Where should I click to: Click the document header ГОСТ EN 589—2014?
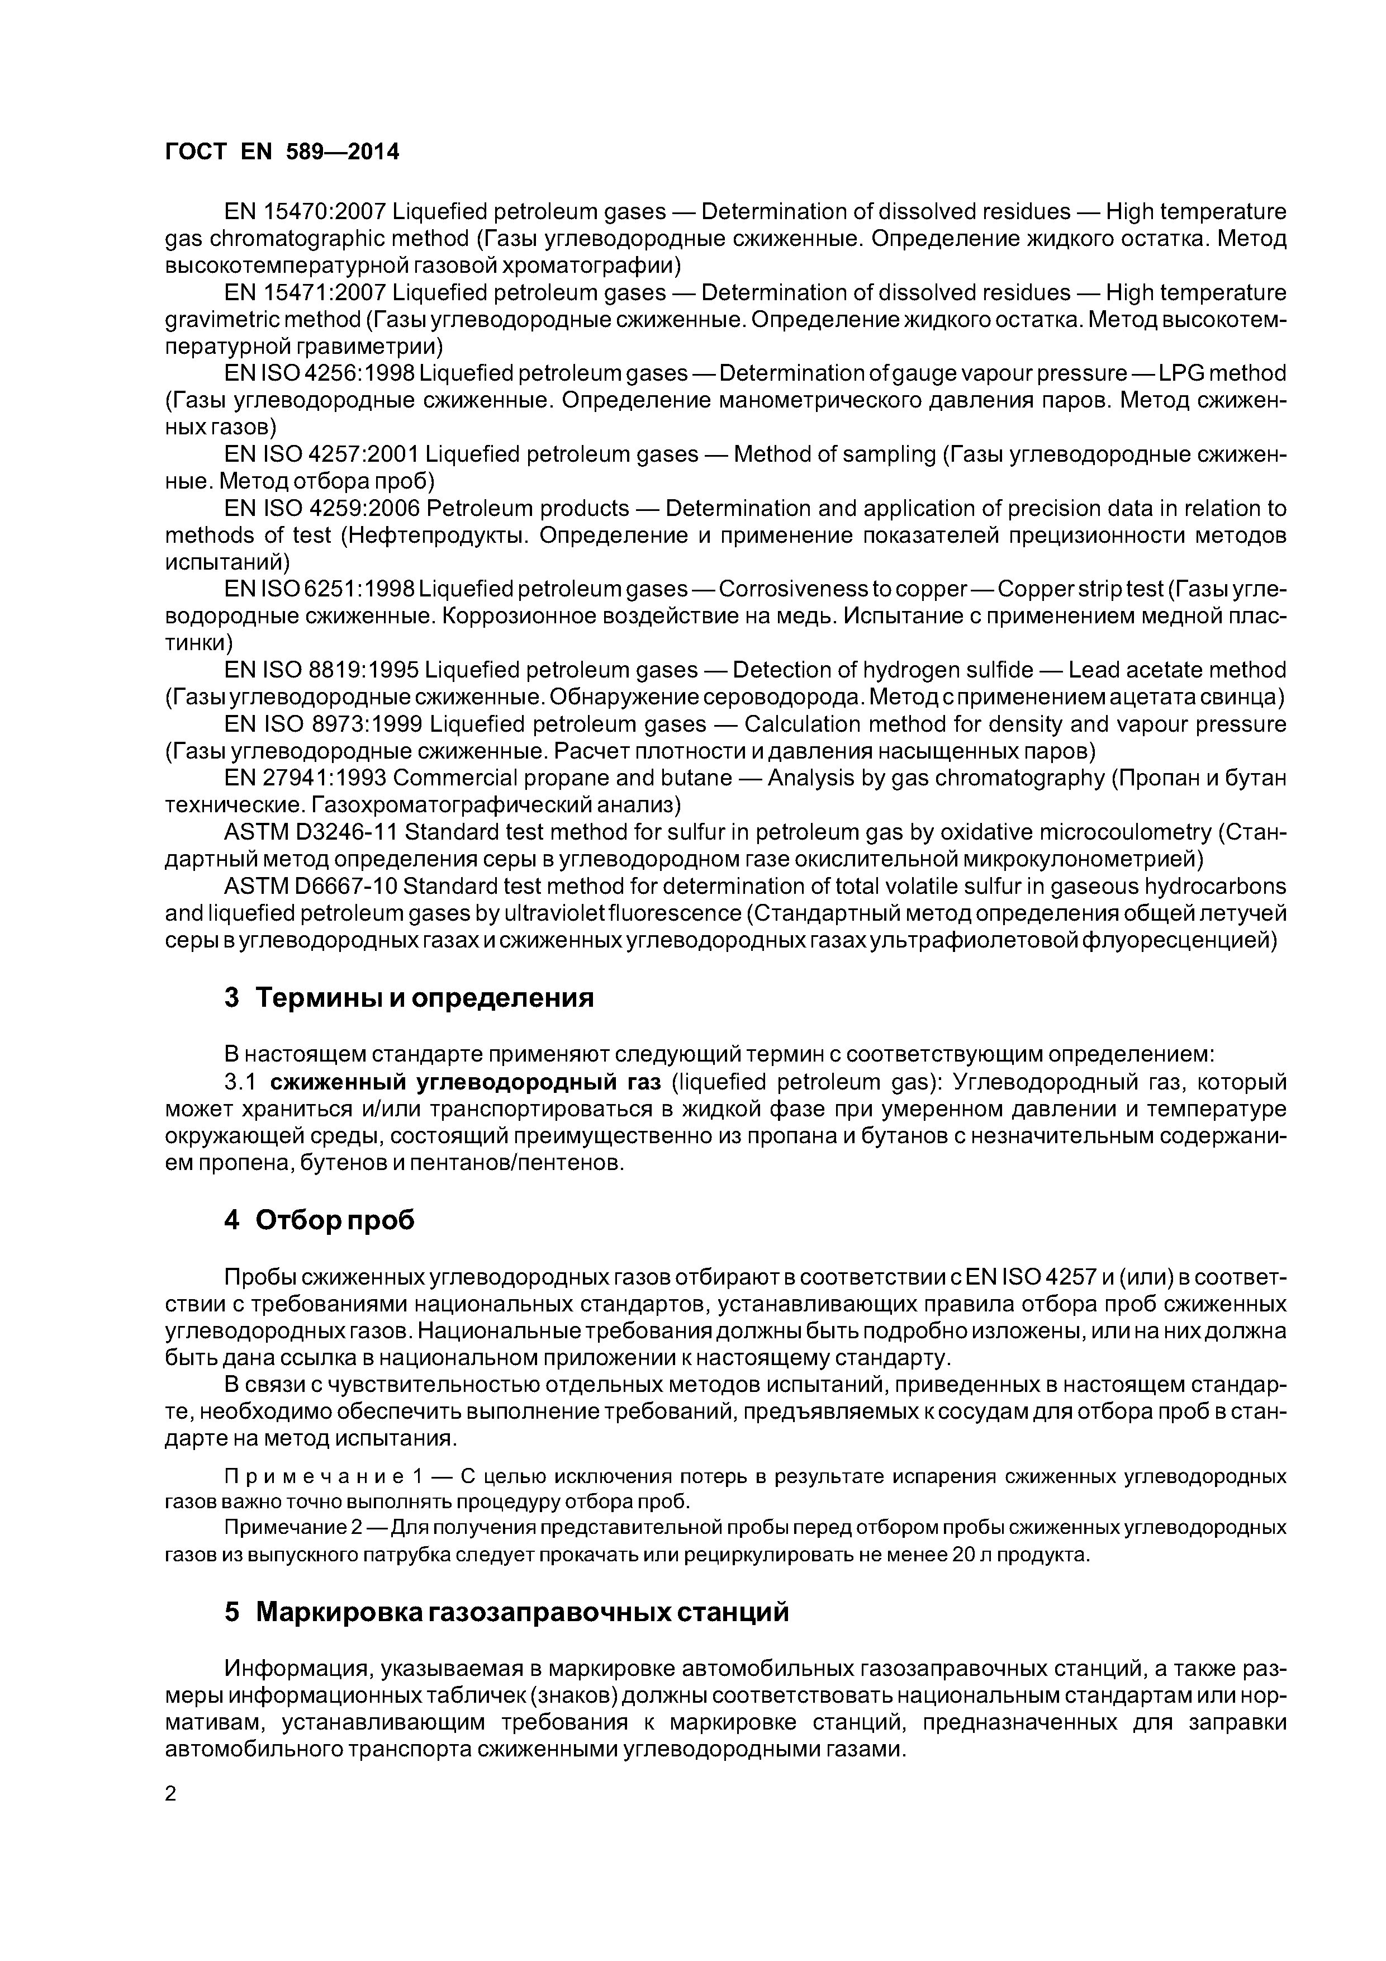click(x=281, y=152)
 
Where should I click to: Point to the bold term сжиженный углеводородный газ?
click(x=466, y=1082)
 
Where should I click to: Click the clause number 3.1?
click(x=240, y=1082)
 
